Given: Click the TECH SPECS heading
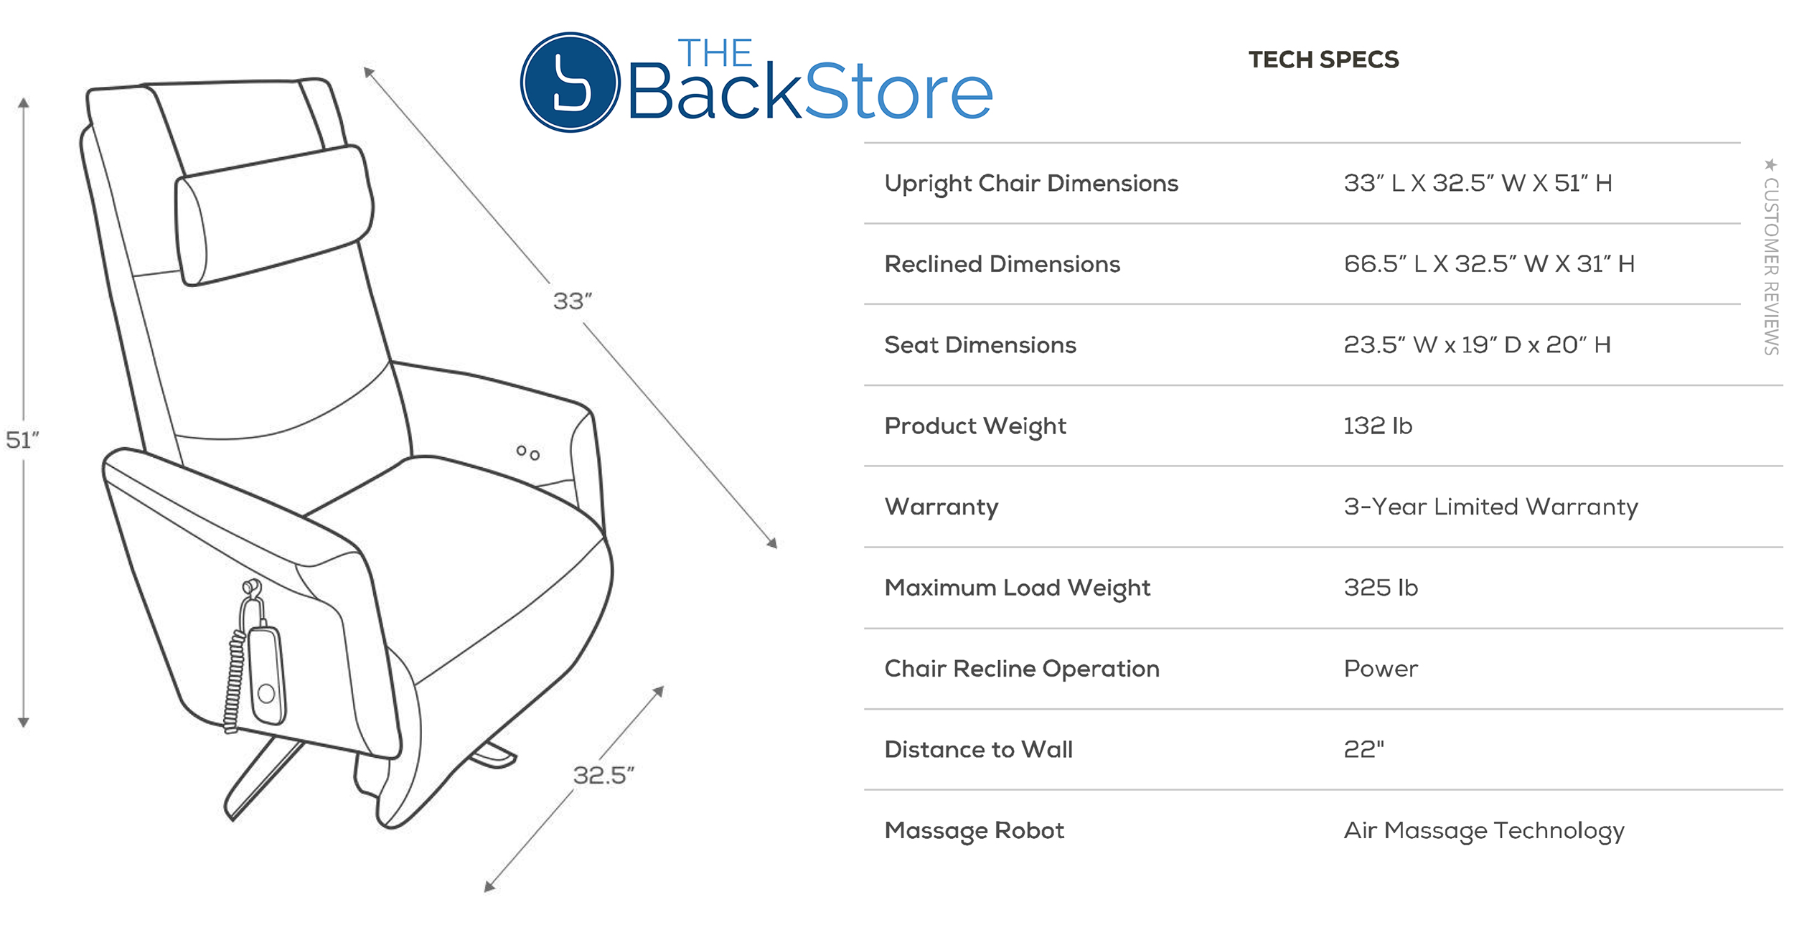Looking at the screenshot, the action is point(1323,60).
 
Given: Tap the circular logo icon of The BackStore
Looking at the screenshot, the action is point(570,82).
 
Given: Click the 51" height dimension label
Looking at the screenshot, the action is point(22,439).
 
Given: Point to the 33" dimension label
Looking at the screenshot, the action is point(572,301).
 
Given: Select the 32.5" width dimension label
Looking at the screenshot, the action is point(604,775).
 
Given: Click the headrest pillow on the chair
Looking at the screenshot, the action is point(274,215).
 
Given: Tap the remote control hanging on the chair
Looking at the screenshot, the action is point(266,675).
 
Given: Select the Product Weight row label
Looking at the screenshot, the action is point(975,426).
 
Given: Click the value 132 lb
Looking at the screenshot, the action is point(1378,426).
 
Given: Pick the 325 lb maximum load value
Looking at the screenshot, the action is point(1381,588).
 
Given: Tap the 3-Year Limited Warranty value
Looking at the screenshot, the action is point(1491,507).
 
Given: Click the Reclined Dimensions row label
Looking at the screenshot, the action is point(1002,264).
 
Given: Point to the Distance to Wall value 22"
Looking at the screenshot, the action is point(1363,749).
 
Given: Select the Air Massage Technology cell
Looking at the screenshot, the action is point(1484,831).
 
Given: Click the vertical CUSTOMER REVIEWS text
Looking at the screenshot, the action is point(1771,266).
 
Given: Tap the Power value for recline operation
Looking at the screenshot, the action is point(1381,669).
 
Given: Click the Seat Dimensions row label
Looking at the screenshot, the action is point(980,345).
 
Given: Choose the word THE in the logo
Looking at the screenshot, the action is point(715,53).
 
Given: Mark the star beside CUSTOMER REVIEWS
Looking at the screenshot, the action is point(1771,164).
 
